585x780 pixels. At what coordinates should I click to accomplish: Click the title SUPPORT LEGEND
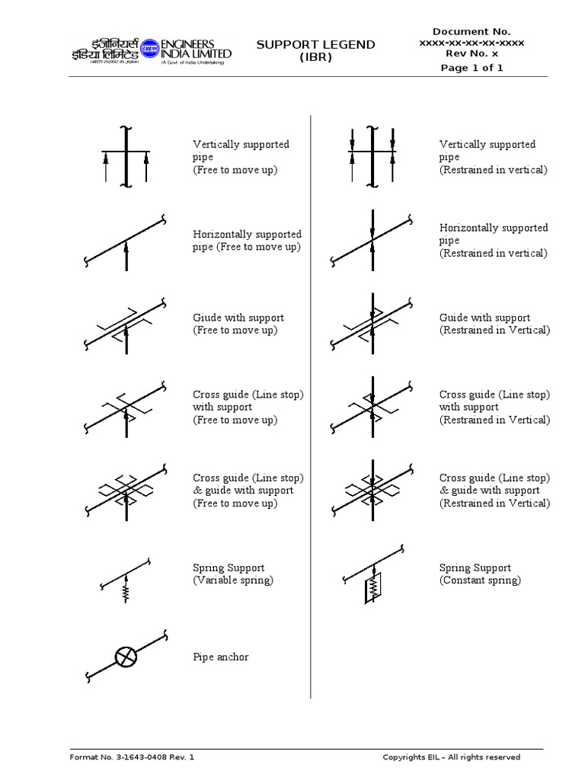pyautogui.click(x=315, y=45)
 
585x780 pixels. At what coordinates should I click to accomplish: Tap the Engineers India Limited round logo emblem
pyautogui.click(x=149, y=47)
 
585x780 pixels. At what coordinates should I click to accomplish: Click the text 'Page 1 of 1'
pyautogui.click(x=472, y=68)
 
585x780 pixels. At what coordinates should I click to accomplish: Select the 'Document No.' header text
pyautogui.click(x=472, y=31)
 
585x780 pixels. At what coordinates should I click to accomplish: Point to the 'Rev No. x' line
pyautogui.click(x=472, y=55)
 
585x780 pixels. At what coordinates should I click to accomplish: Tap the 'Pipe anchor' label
pyautogui.click(x=221, y=657)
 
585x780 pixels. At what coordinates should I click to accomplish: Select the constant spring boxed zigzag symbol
pyautogui.click(x=373, y=587)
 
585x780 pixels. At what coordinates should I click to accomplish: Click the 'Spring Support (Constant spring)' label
pyautogui.click(x=480, y=574)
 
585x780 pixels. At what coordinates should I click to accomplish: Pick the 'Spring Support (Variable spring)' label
pyautogui.click(x=233, y=574)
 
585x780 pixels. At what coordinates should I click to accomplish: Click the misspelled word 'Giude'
pyautogui.click(x=207, y=318)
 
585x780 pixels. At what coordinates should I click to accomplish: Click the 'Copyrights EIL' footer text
pyautogui.click(x=451, y=757)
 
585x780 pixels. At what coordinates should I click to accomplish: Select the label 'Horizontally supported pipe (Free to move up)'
pyautogui.click(x=247, y=241)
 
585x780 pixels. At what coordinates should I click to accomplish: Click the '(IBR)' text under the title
pyautogui.click(x=315, y=58)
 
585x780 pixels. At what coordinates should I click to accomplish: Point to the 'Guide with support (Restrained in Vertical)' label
pyautogui.click(x=494, y=324)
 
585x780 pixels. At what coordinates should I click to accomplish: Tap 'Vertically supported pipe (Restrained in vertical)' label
pyautogui.click(x=493, y=157)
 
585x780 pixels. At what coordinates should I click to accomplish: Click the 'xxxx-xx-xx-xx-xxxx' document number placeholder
pyautogui.click(x=472, y=43)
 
